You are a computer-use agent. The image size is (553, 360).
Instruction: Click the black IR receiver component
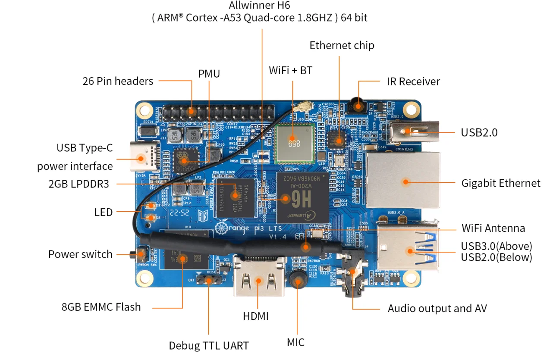click(357, 104)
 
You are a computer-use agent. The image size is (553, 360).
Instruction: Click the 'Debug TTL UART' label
click(209, 345)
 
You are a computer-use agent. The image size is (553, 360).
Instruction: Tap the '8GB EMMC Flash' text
click(101, 307)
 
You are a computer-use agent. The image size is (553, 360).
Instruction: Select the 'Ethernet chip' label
click(342, 45)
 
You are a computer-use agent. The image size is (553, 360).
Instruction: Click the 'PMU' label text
click(209, 74)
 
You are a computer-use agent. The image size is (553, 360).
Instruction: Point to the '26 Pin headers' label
click(118, 81)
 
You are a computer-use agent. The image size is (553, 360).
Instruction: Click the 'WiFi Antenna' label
click(493, 228)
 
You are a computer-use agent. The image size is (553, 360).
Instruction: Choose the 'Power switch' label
click(80, 254)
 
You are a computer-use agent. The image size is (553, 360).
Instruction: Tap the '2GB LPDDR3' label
click(79, 184)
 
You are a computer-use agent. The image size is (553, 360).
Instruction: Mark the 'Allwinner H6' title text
click(260, 6)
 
